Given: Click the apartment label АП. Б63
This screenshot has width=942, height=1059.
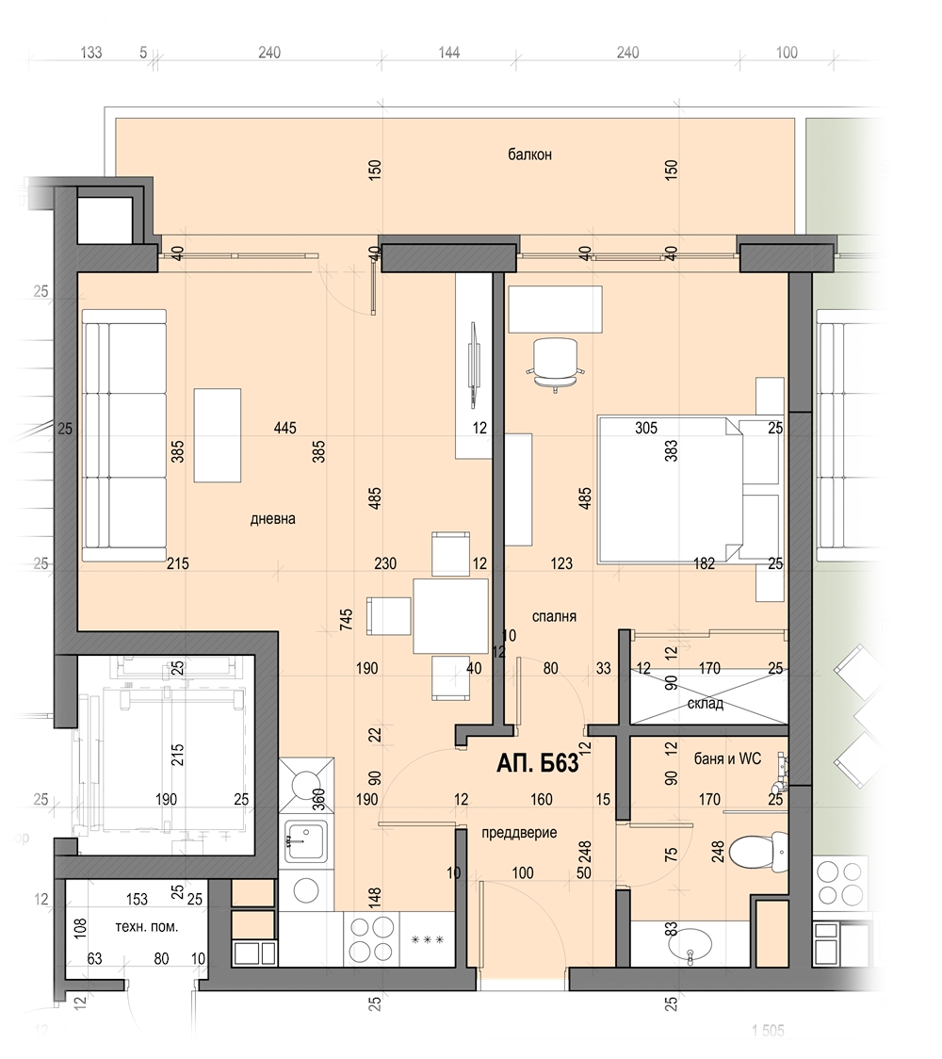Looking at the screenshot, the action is [538, 763].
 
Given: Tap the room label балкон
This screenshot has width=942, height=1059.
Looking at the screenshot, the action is [530, 155].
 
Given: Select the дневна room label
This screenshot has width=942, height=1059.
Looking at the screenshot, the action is [273, 519].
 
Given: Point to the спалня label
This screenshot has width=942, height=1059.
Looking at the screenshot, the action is [554, 616].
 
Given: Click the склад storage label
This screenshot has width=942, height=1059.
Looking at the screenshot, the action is [705, 704].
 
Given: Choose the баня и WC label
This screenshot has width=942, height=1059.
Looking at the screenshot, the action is [727, 759].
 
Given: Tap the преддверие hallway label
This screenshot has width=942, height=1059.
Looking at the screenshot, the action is [519, 833].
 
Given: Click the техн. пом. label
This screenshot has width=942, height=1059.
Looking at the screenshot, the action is [147, 927].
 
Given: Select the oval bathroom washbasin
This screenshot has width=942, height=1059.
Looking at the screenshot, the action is [690, 943].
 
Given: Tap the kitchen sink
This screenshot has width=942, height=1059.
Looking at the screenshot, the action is [305, 840].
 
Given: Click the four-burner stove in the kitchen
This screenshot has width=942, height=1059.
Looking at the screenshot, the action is [371, 938].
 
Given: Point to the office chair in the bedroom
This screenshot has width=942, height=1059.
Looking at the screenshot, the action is [555, 365].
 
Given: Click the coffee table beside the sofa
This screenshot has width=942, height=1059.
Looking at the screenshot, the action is [218, 435].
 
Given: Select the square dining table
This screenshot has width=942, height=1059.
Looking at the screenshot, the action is [450, 616].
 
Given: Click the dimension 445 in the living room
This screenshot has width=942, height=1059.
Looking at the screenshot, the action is [285, 428].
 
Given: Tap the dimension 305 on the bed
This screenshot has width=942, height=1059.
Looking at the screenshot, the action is [646, 428].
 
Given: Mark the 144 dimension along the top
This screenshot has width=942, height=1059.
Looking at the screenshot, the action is [449, 53].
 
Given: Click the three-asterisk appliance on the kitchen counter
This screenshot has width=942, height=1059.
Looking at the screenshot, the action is [428, 939].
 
